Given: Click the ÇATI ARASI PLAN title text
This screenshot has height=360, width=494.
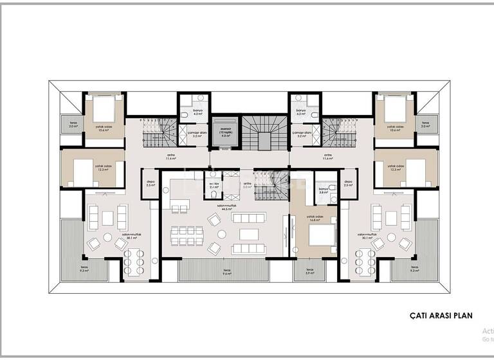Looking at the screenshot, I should point(441,316).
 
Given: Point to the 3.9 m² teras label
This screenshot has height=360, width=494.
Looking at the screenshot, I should point(309,271).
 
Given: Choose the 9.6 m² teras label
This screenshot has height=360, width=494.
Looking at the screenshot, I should point(226,271).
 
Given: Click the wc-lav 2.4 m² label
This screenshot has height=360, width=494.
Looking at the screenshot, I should point(213,187).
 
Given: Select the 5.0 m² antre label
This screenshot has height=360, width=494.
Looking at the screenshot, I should point(247,186).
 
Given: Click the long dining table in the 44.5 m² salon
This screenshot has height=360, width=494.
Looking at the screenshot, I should point(247,234).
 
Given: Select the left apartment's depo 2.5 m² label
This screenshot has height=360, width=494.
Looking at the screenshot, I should point(150,183).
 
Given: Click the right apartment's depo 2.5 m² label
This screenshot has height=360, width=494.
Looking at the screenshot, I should point(348,183).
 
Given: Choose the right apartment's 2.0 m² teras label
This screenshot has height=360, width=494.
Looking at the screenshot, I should point(425,125).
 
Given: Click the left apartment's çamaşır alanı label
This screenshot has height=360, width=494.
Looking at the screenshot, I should point(196,134).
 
